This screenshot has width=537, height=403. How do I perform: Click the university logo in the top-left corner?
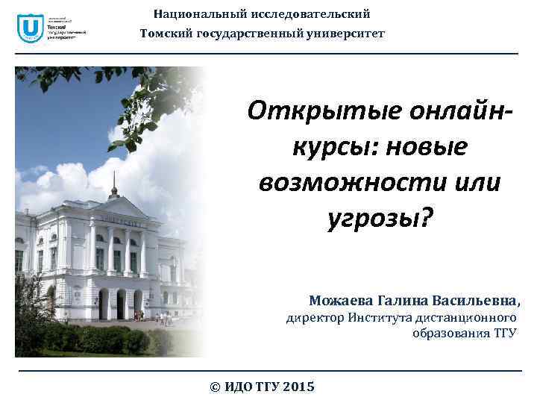click(x=30, y=30)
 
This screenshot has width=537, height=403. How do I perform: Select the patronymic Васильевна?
click(x=481, y=300)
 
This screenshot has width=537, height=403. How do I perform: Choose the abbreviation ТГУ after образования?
click(x=503, y=333)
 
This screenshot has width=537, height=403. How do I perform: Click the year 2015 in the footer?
click(x=298, y=387)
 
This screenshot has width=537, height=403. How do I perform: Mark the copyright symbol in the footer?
click(x=216, y=387)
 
